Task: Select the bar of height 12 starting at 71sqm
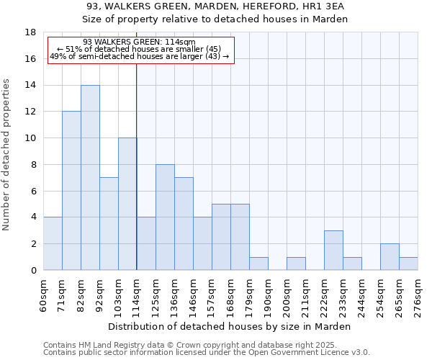pyautogui.click(x=71, y=191)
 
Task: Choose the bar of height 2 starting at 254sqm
pyautogui.click(x=390, y=257)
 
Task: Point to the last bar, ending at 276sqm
pyautogui.click(x=408, y=264)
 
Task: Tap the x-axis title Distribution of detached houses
pyautogui.click(x=230, y=326)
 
